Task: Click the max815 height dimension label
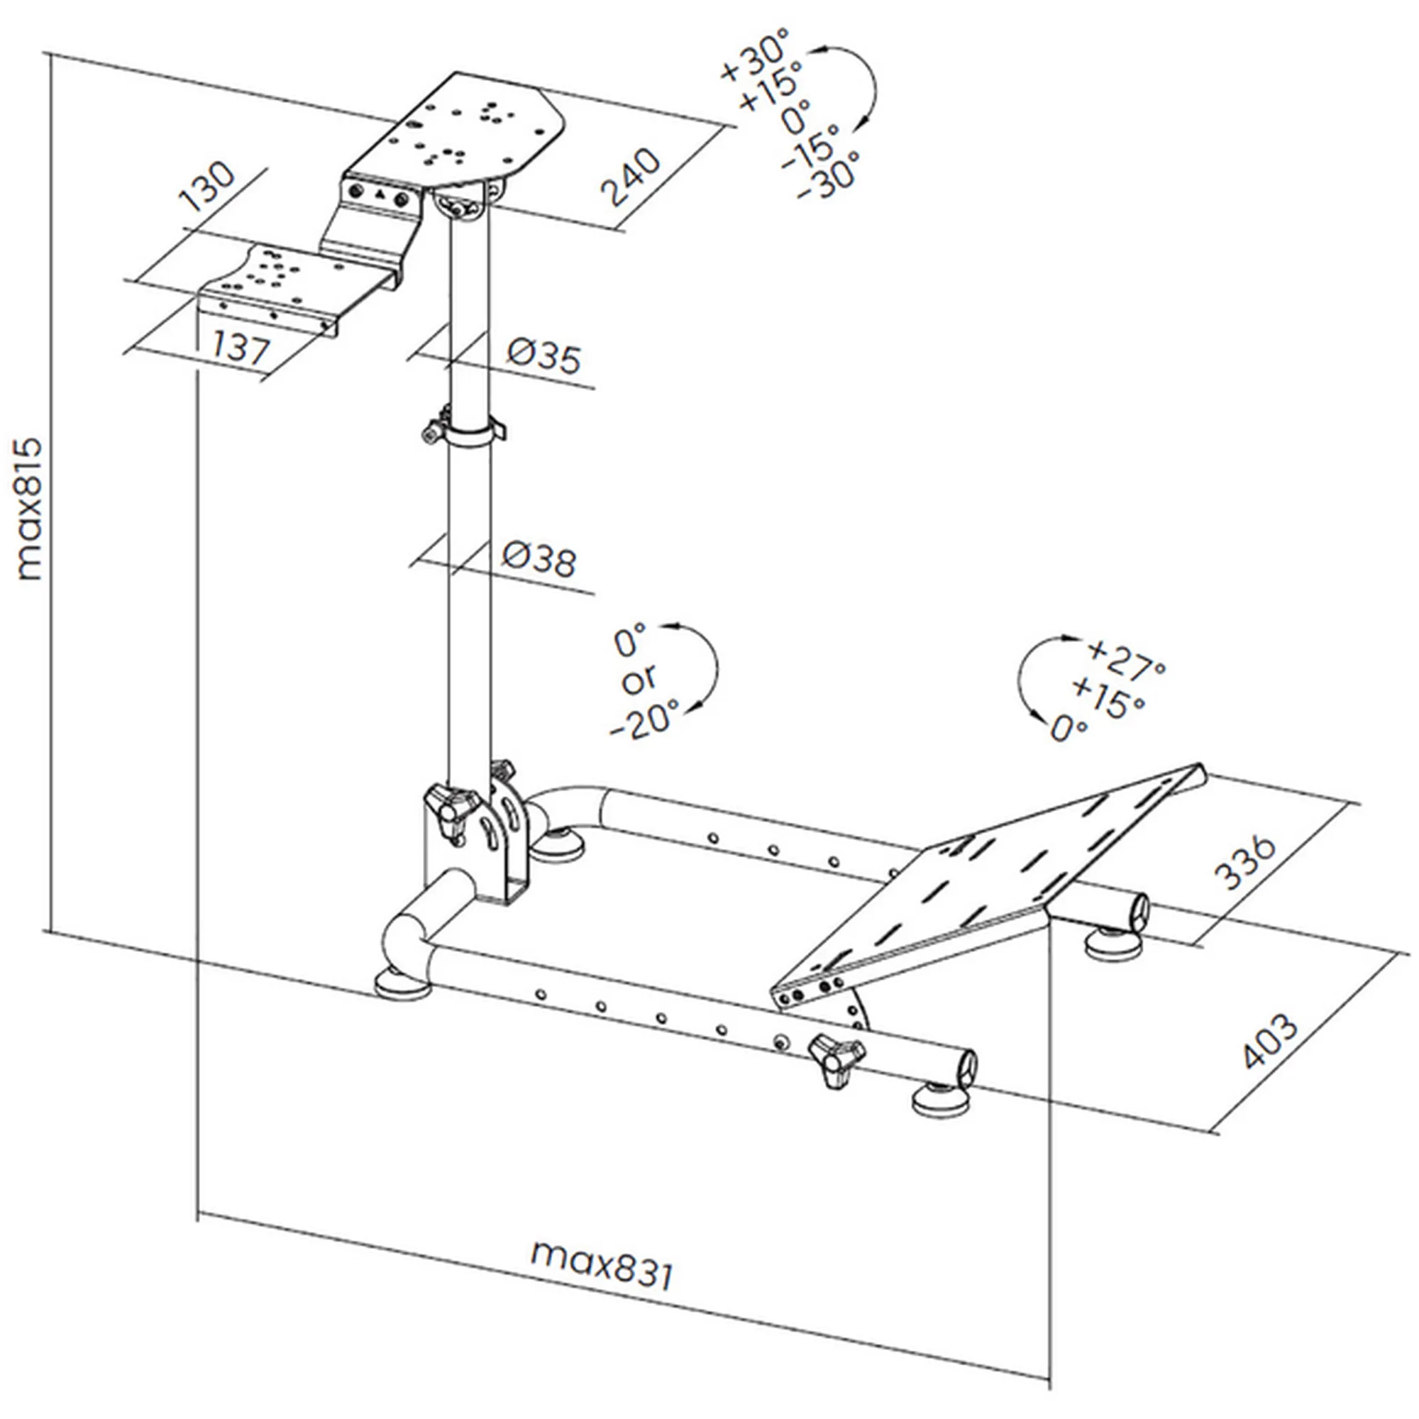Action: click(x=29, y=509)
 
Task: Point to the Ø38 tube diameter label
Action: click(x=540, y=560)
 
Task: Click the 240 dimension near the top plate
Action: click(x=630, y=178)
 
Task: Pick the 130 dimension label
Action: click(x=208, y=187)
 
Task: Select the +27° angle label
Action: click(x=1126, y=658)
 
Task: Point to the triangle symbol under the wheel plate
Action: click(x=380, y=195)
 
